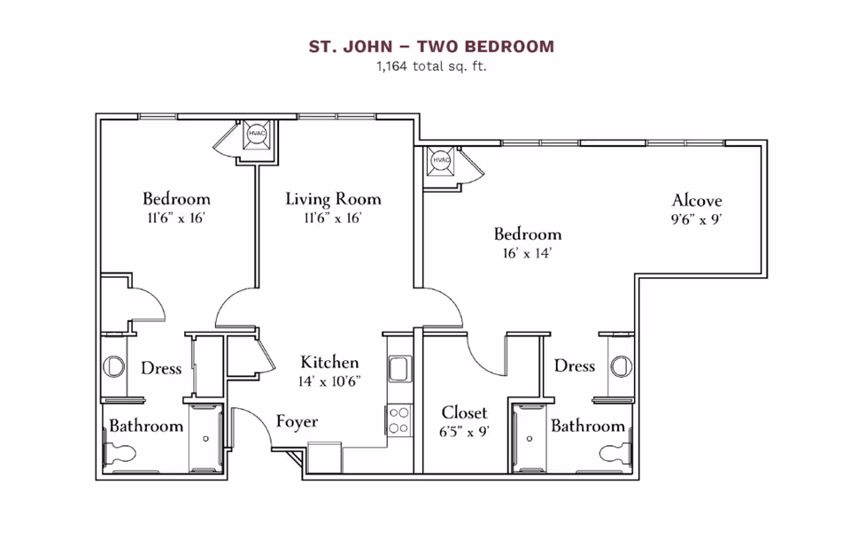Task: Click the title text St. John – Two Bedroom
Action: pos(431,46)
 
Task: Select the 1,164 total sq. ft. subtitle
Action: pos(431,65)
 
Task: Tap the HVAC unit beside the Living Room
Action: pos(257,134)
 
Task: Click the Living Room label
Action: pos(333,199)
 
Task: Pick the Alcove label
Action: pos(697,200)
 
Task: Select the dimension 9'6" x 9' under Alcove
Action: pos(698,219)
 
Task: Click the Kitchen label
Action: pos(329,362)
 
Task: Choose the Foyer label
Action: pos(297,421)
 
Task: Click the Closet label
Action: pos(465,413)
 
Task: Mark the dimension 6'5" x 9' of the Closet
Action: pos(465,432)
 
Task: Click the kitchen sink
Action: pos(398,368)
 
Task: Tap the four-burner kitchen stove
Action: pos(398,419)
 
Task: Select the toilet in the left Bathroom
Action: pos(120,453)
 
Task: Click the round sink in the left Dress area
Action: pos(113,365)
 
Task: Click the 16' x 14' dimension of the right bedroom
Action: pos(528,253)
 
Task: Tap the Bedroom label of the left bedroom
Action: pos(176,199)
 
